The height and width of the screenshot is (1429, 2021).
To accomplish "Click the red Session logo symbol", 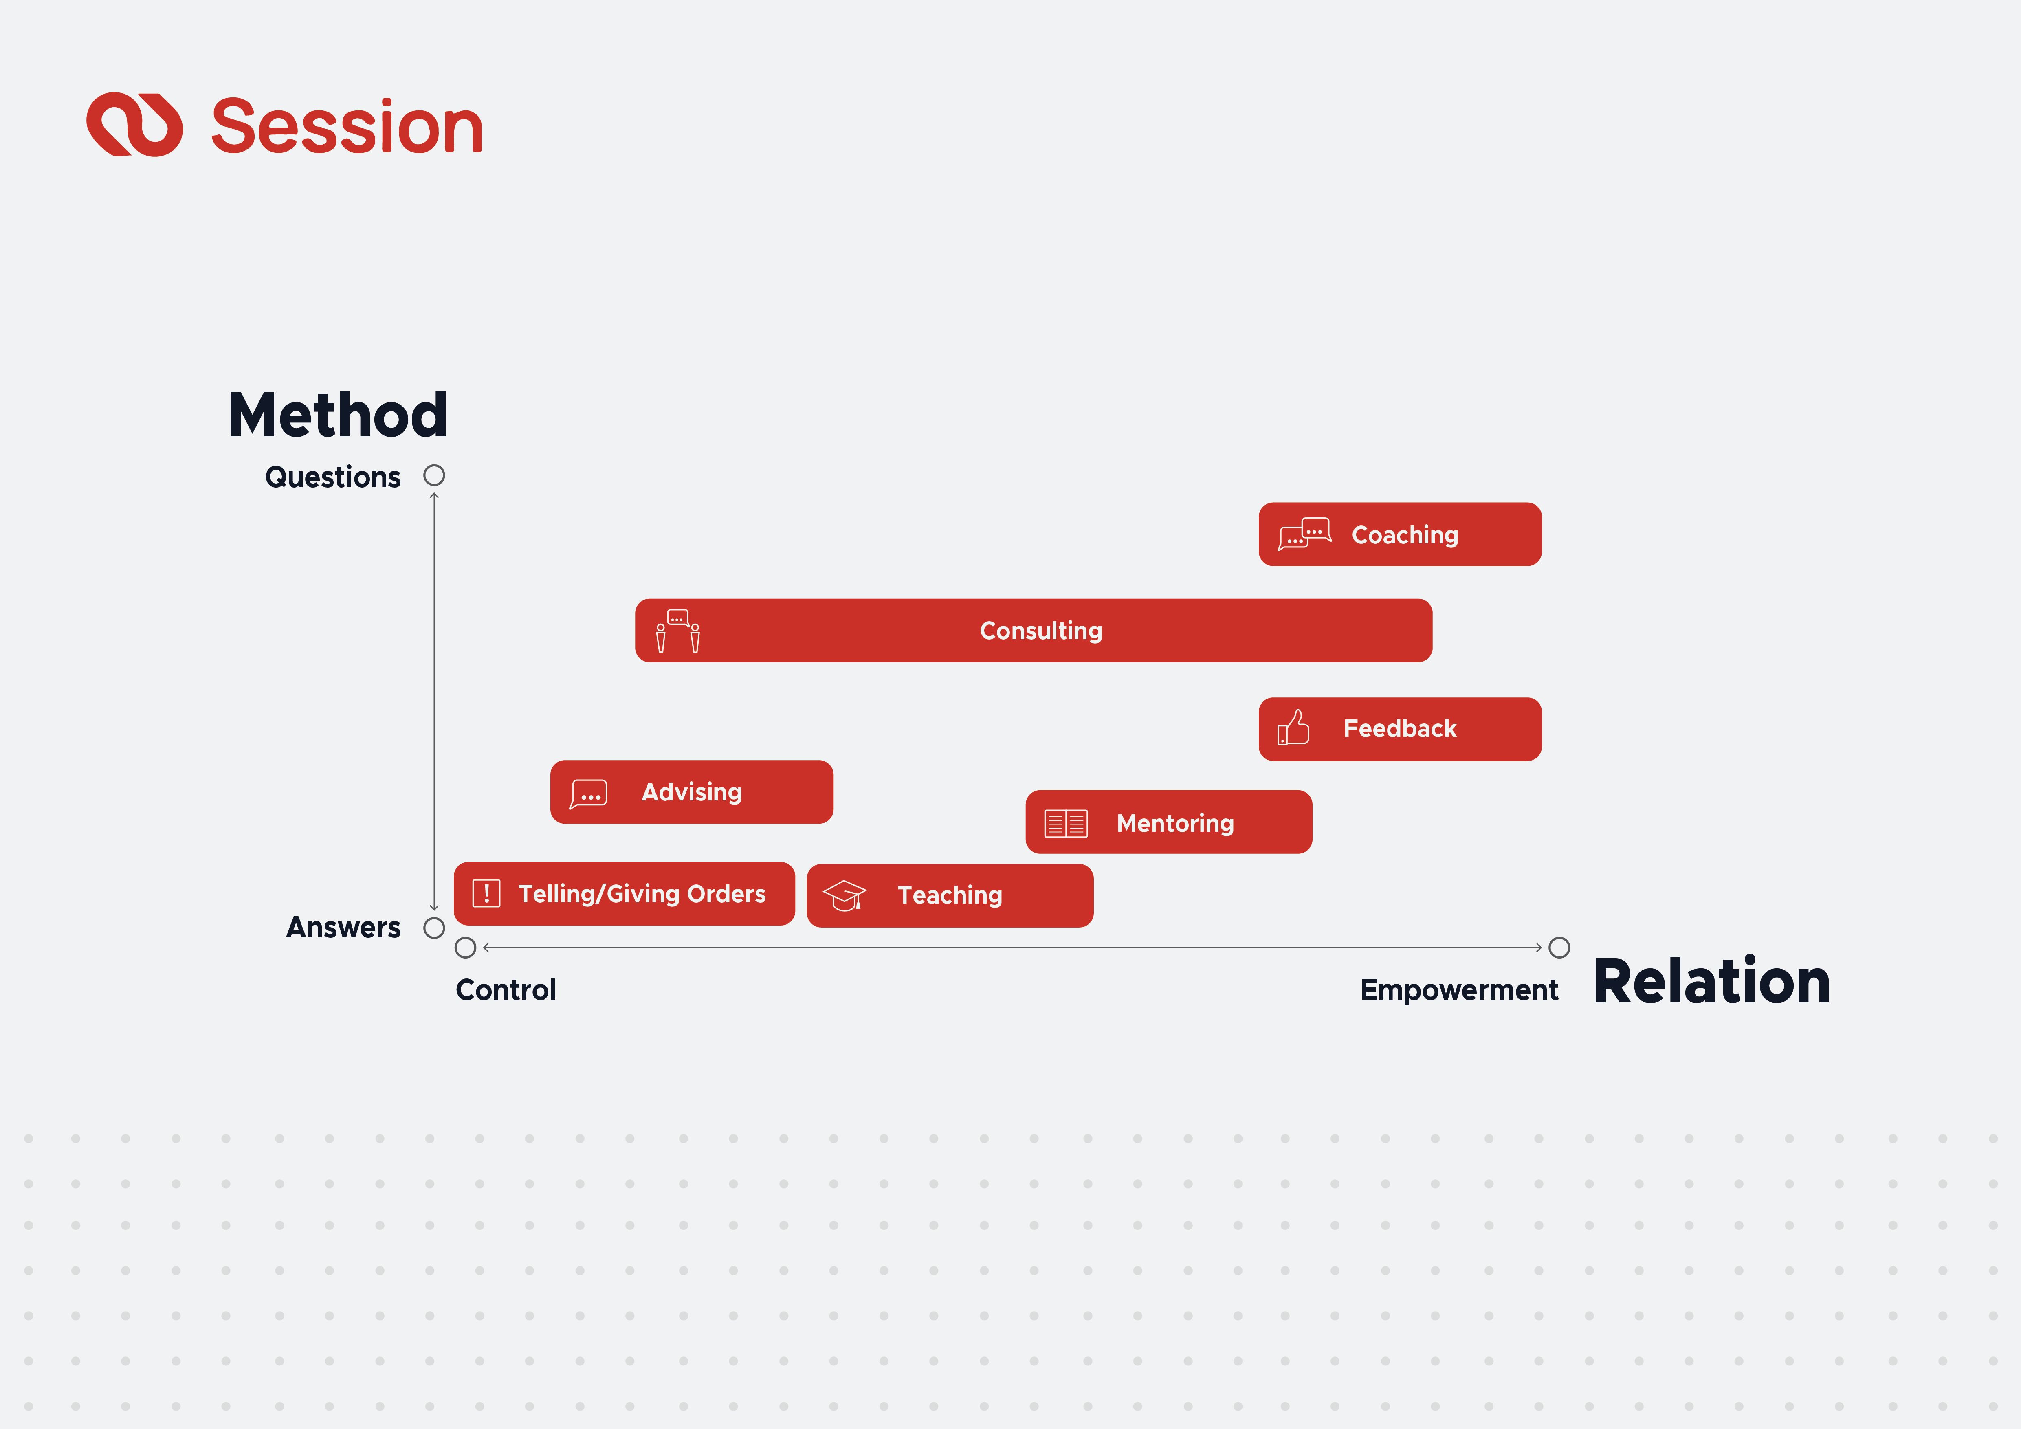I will pos(135,125).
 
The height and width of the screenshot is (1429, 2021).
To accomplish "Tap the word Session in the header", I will pos(347,127).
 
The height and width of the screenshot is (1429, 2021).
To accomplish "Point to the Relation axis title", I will pos(1711,982).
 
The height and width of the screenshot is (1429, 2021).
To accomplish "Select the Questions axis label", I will pos(333,477).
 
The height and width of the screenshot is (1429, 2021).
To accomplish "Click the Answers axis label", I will pos(343,928).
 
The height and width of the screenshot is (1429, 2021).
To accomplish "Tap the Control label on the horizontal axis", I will pos(505,990).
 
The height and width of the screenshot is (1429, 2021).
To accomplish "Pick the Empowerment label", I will pos(1458,990).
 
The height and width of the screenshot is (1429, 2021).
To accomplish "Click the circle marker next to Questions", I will pos(434,475).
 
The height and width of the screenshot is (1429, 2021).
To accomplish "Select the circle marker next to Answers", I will pos(434,928).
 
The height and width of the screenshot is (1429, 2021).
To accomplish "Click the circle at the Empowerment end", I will pos(1559,948).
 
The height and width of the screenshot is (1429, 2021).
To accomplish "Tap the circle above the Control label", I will pos(466,948).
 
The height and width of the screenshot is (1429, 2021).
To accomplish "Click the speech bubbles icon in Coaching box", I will pos(1304,534).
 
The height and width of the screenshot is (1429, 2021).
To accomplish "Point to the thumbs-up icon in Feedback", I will pos(1293,729).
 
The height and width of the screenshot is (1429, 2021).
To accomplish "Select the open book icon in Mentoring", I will pos(1066,824).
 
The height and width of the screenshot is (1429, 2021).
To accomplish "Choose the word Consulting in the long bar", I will pos(1040,631).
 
